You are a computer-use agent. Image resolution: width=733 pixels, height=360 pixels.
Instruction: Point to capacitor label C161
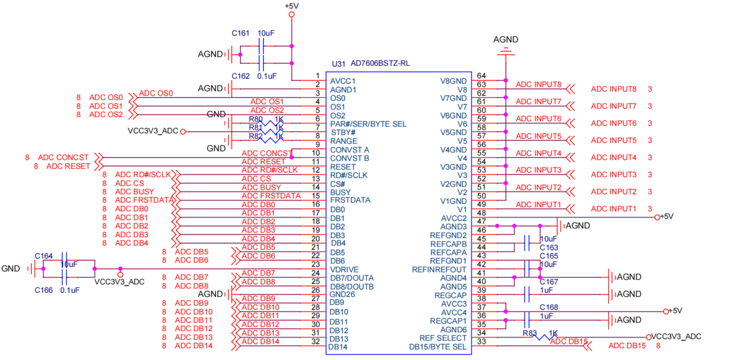[241, 33]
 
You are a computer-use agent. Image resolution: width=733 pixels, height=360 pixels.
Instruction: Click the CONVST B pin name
[350, 158]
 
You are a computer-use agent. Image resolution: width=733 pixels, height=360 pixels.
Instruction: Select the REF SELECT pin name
[443, 338]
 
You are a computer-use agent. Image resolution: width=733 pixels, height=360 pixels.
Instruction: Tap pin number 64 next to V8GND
[481, 76]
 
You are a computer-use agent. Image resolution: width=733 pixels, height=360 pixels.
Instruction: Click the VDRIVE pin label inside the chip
[344, 269]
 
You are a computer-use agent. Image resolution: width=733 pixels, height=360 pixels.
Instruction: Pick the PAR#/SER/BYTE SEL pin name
[368, 124]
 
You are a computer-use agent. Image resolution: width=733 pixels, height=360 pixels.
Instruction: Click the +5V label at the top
[292, 5]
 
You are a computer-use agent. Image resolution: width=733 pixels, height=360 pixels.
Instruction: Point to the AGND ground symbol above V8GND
[505, 51]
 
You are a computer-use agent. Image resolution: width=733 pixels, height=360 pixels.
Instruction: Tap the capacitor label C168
[548, 307]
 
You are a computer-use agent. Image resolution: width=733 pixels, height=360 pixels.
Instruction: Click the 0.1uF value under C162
[267, 76]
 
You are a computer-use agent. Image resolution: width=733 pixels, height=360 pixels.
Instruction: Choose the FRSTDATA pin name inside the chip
[350, 200]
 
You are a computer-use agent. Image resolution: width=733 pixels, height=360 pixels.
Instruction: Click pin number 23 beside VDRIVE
[315, 265]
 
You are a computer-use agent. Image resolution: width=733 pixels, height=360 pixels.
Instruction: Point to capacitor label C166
[43, 290]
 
